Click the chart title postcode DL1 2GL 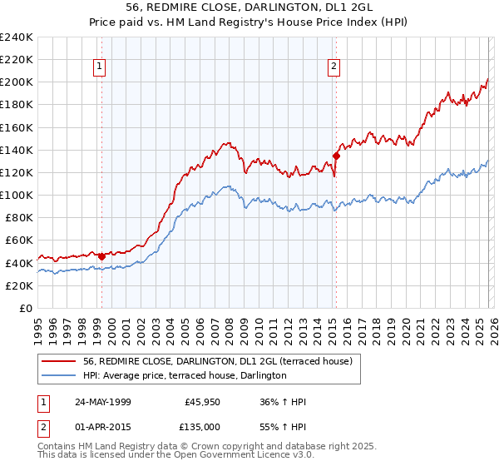(339, 7)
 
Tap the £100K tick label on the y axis (16, 195)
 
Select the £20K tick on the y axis (18, 285)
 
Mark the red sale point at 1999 (101, 256)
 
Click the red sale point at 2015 (336, 156)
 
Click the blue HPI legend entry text (185, 376)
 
